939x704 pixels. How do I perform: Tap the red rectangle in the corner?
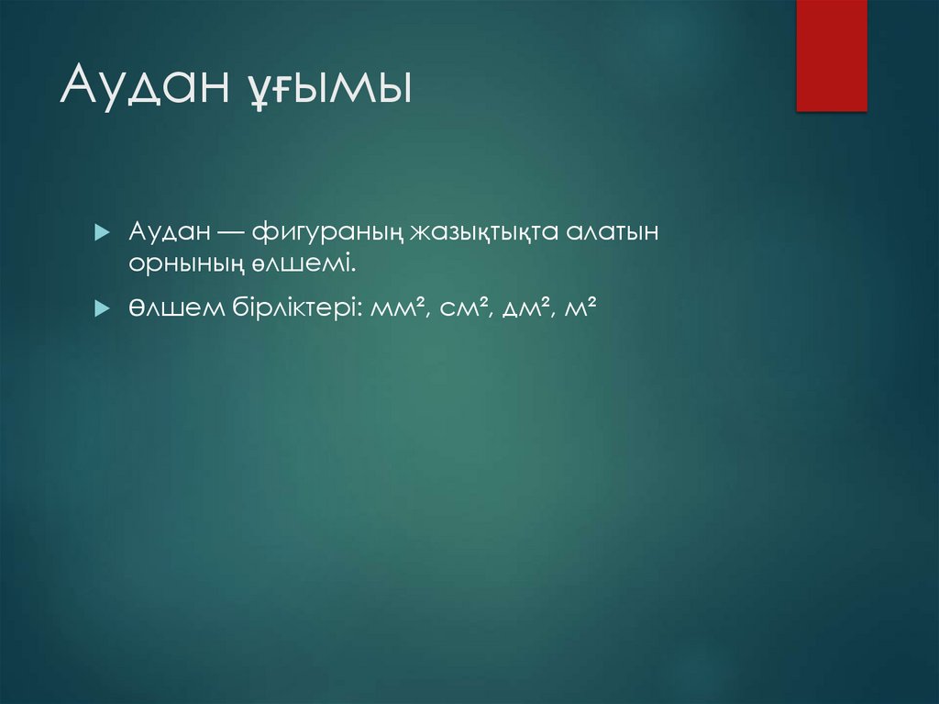click(x=831, y=55)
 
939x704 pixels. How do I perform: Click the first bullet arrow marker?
click(x=102, y=232)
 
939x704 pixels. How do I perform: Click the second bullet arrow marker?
click(x=102, y=309)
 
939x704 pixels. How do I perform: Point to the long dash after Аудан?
click(x=226, y=232)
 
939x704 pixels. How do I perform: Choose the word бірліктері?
click(x=293, y=308)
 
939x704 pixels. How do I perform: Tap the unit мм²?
click(x=401, y=309)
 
